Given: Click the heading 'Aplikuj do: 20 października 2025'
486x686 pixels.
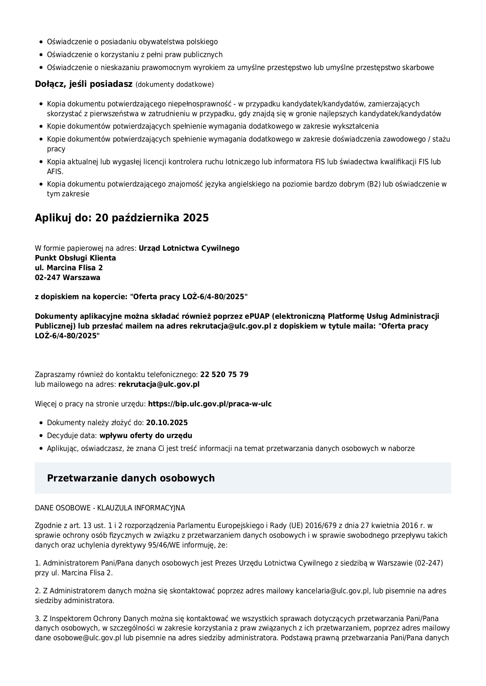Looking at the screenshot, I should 122,218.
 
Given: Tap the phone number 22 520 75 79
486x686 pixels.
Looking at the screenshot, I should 224,375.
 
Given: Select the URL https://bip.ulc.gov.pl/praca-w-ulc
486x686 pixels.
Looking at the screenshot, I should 210,404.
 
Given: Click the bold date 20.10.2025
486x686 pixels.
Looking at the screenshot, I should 167,423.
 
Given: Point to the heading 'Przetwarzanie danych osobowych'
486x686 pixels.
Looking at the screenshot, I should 131,478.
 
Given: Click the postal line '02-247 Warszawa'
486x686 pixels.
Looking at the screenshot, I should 67,278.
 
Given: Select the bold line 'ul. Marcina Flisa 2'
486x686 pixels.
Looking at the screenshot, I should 69,268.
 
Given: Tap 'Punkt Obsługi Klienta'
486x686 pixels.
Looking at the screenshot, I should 75,258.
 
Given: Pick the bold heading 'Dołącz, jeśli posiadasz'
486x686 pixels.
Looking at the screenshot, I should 84,84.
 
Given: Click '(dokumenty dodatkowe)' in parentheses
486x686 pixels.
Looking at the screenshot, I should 175,84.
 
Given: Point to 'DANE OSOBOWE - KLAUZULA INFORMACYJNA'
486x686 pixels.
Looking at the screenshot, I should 110,508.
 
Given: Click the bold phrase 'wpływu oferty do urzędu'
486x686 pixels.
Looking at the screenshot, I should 146,436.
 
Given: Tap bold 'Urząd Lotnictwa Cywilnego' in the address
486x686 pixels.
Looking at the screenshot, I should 189,248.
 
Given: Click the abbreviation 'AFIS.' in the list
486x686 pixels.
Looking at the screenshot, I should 55,171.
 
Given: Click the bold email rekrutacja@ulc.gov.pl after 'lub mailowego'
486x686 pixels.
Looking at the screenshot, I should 159,384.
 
